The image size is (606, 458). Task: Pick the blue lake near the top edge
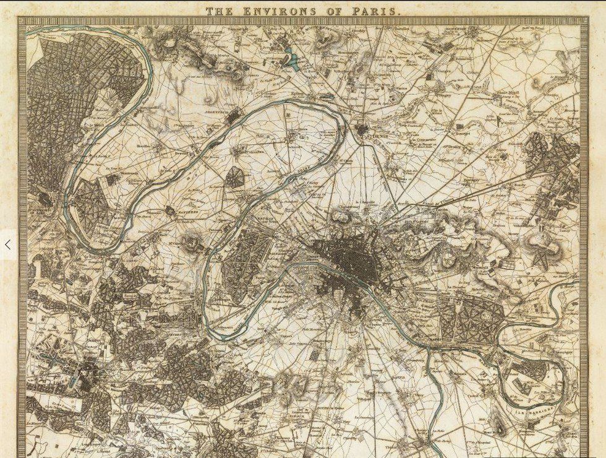[x=292, y=61]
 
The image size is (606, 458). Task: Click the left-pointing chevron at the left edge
[x=7, y=245]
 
